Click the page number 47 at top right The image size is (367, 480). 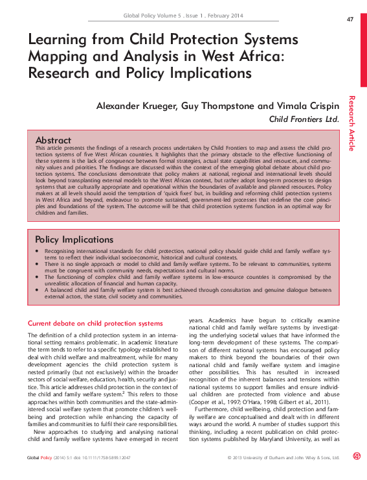(x=350, y=19)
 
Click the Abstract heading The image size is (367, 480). (x=53, y=140)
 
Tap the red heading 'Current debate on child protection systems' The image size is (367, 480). (x=95, y=322)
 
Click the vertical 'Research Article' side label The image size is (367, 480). (x=352, y=123)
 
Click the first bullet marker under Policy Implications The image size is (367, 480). (x=38, y=250)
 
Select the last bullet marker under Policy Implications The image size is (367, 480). (x=38, y=291)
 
